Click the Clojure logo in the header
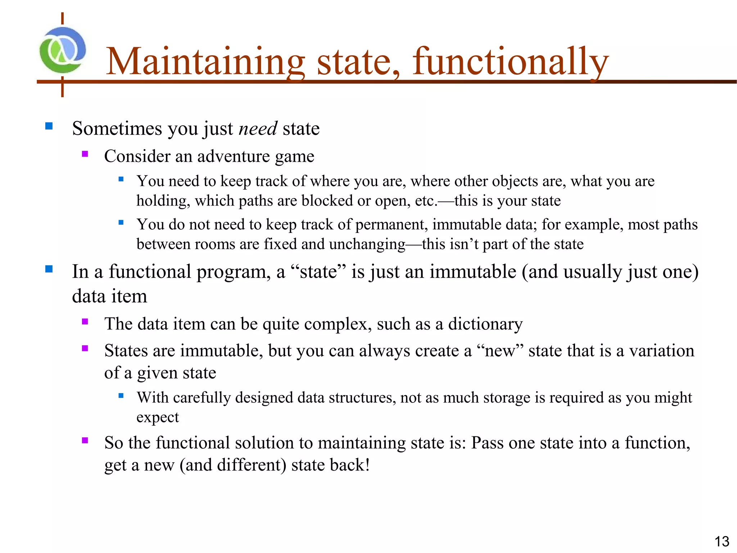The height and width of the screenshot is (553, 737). (63, 50)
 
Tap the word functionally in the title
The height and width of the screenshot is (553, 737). (510, 62)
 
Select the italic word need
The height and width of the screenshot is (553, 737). (258, 129)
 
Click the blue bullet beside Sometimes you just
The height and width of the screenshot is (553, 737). (49, 126)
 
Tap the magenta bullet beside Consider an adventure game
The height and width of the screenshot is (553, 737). (85, 154)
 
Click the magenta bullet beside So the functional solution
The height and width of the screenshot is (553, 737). (85, 440)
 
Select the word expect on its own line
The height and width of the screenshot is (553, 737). (157, 418)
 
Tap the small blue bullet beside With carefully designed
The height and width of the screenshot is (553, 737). (121, 396)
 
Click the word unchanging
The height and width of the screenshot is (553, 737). (367, 244)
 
